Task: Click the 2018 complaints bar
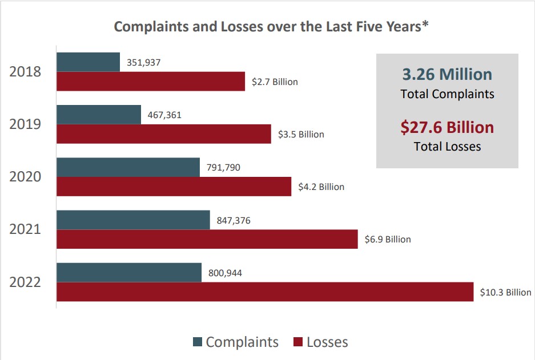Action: pyautogui.click(x=88, y=62)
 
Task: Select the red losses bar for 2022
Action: pyautogui.click(x=264, y=292)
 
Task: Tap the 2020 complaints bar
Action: pyautogui.click(x=128, y=167)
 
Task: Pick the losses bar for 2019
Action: pyautogui.click(x=163, y=134)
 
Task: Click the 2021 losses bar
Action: pyautogui.click(x=207, y=239)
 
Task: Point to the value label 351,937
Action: pyautogui.click(x=143, y=62)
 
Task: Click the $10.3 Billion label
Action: pyautogui.click(x=505, y=292)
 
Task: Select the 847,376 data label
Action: pyautogui.click(x=234, y=220)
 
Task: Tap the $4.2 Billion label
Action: pyautogui.click(x=321, y=187)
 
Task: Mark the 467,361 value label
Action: pyautogui.click(x=164, y=115)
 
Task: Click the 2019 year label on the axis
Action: pyautogui.click(x=25, y=124)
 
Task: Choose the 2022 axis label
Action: pyautogui.click(x=25, y=282)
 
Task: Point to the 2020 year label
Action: pyautogui.click(x=25, y=176)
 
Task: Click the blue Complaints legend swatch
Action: pyautogui.click(x=198, y=342)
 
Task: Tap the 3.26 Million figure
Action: pyautogui.click(x=447, y=74)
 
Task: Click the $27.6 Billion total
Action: pyautogui.click(x=447, y=127)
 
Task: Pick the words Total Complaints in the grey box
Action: pyautogui.click(x=447, y=94)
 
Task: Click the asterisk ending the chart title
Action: pyautogui.click(x=425, y=26)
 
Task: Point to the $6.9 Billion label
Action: pyautogui.click(x=388, y=239)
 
